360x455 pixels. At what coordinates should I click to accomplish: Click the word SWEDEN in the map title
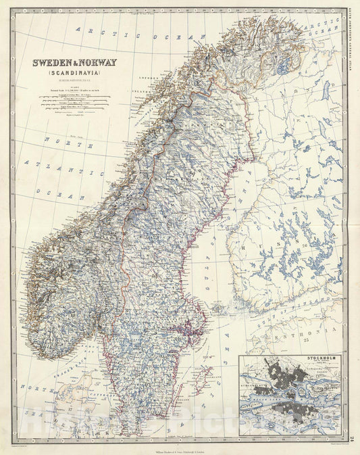[53, 63]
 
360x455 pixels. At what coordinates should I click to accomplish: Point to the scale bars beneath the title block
[74, 98]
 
